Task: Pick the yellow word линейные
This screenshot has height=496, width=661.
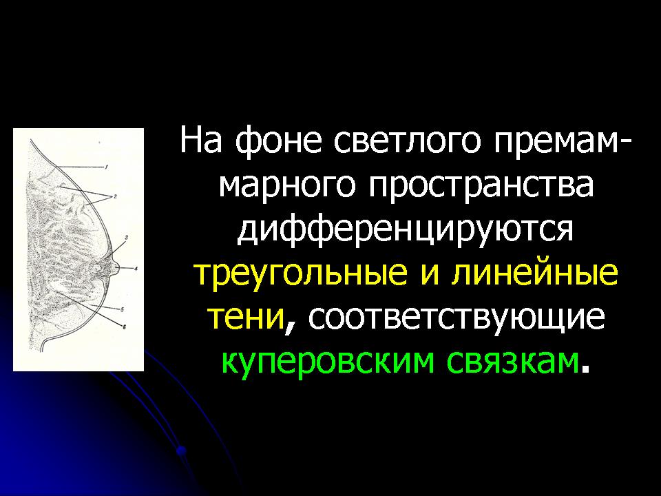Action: pyautogui.click(x=534, y=273)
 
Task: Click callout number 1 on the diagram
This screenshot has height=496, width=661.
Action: pyautogui.click(x=107, y=167)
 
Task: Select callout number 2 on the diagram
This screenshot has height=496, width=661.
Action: pyautogui.click(x=115, y=196)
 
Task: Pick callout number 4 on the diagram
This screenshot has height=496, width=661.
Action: pyautogui.click(x=136, y=268)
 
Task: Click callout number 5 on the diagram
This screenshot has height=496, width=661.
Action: pyautogui.click(x=122, y=310)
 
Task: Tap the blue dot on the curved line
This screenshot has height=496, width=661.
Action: pyautogui.click(x=181, y=451)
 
